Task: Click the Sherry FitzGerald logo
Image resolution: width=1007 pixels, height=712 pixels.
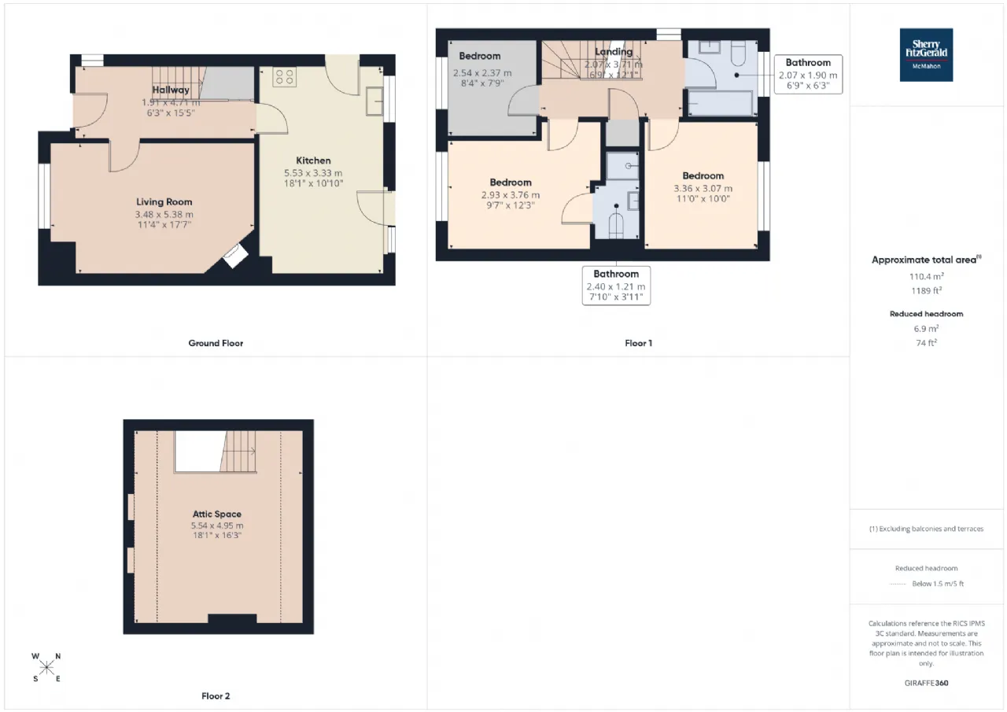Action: [926, 55]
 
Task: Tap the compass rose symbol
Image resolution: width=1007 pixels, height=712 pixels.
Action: [46, 668]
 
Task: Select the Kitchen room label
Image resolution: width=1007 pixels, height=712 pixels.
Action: [313, 160]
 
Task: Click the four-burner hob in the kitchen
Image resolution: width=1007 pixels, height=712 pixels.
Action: [284, 77]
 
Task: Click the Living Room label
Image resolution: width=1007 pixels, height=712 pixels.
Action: [164, 202]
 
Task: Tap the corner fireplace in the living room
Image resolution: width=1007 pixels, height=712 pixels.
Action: [234, 256]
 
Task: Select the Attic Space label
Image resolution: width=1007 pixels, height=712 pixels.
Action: [216, 514]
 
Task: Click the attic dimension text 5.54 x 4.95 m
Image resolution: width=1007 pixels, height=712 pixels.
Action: [216, 526]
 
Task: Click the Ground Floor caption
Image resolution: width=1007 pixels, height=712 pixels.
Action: [216, 343]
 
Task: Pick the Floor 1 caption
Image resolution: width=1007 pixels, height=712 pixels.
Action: [638, 343]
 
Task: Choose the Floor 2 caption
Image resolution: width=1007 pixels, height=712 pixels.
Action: [216, 695]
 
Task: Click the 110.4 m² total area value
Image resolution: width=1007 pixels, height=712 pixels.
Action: [926, 277]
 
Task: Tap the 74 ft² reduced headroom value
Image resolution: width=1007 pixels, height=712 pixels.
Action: [926, 342]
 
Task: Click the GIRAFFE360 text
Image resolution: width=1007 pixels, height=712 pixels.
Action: [926, 683]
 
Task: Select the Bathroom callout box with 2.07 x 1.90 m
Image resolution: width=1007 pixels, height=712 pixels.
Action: [808, 75]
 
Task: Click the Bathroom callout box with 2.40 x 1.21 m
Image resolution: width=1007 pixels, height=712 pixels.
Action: [616, 286]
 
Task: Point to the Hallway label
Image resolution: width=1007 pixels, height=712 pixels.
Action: [171, 90]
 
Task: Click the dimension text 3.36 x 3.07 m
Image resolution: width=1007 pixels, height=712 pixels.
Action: [703, 188]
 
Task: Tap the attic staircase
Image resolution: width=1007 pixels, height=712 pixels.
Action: [240, 452]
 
